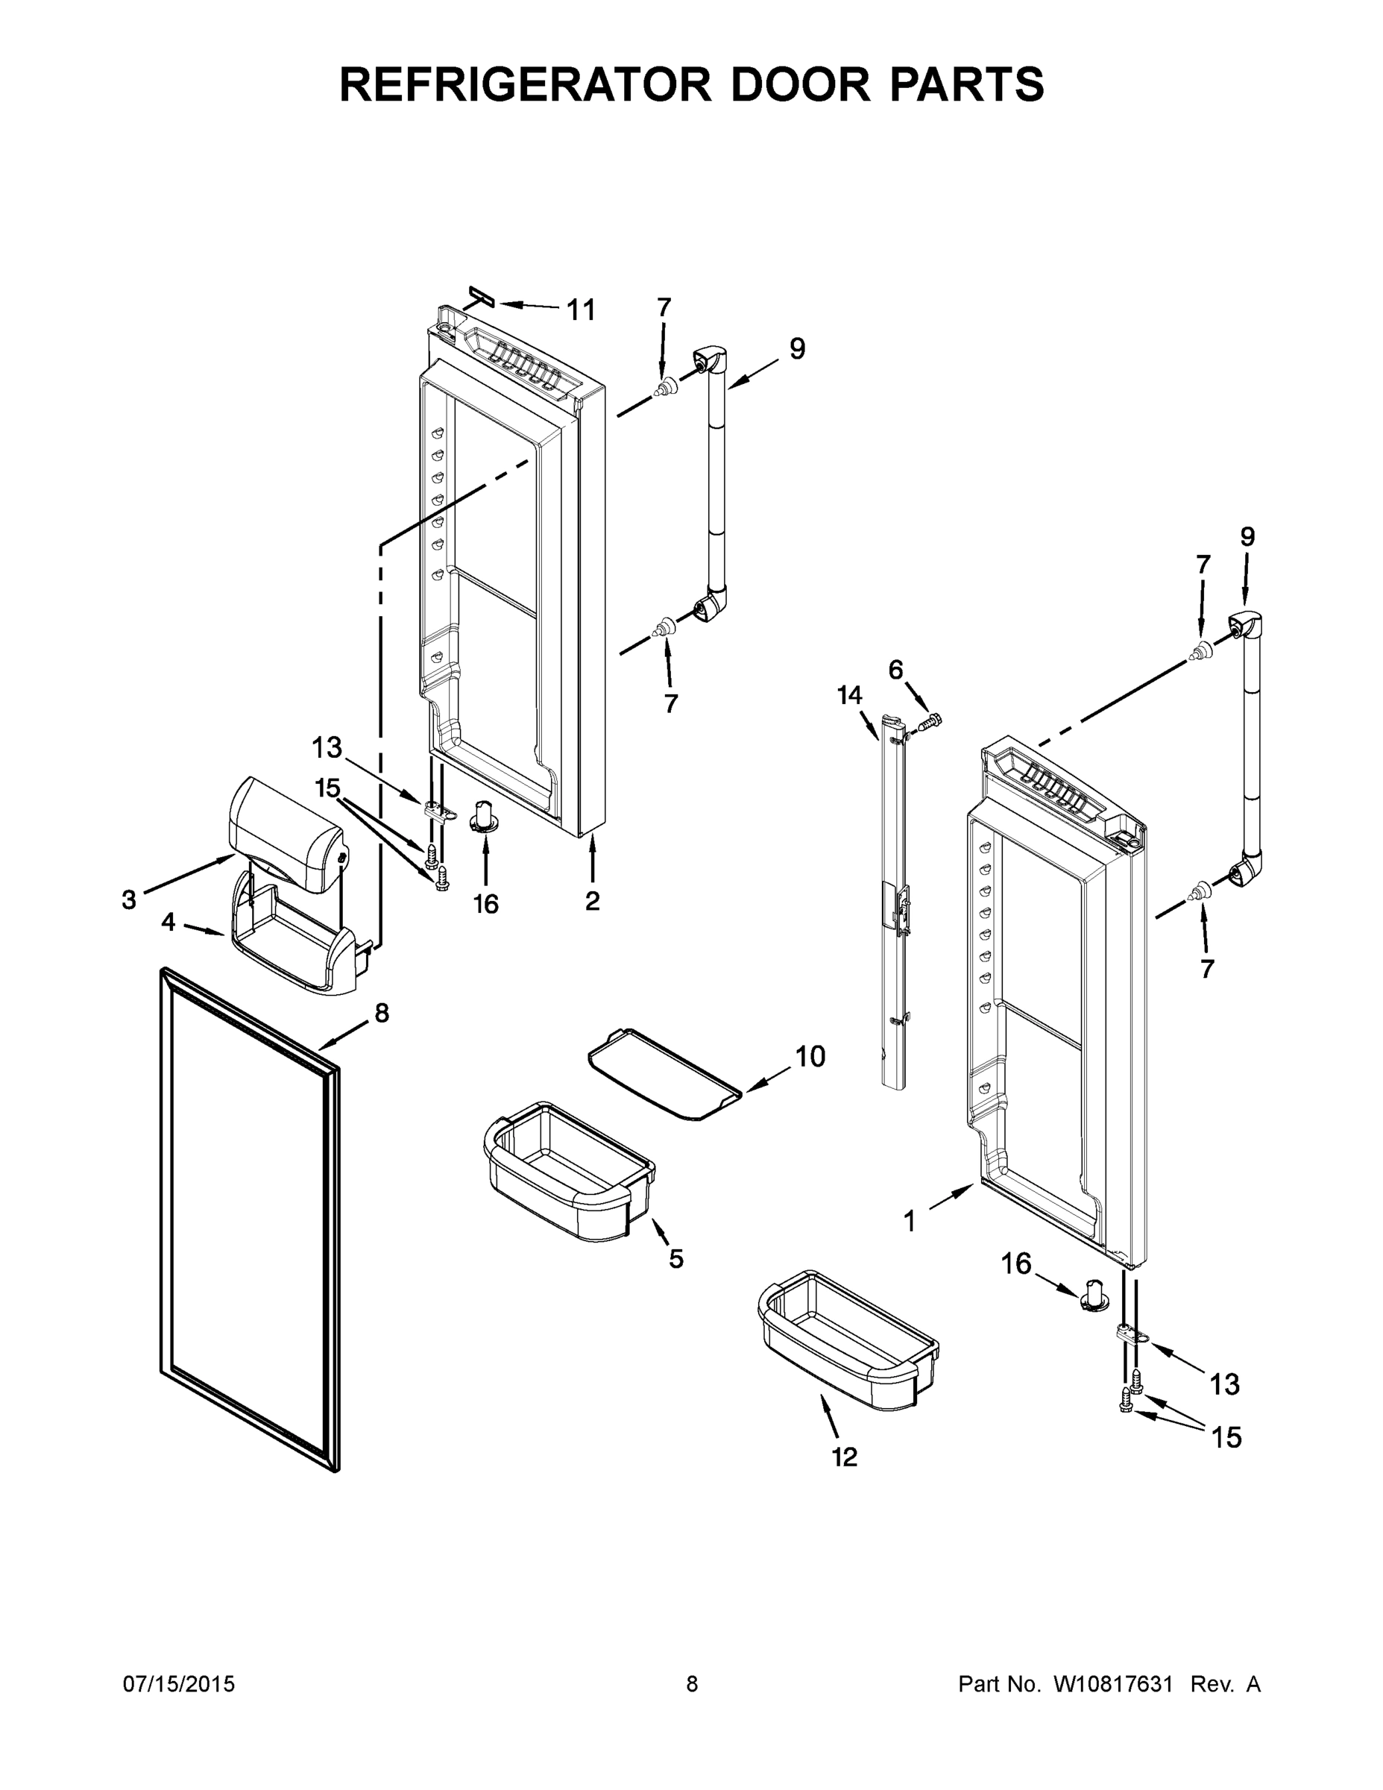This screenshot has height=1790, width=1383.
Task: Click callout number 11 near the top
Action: click(581, 310)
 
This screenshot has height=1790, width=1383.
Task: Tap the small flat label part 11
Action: click(482, 296)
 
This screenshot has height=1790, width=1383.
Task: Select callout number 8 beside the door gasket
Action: click(382, 1014)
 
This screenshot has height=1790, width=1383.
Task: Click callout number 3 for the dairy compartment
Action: click(129, 900)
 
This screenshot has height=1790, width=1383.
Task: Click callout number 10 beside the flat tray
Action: click(810, 1058)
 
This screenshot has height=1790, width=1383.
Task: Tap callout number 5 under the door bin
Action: click(675, 1259)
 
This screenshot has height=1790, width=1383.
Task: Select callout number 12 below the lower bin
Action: click(844, 1457)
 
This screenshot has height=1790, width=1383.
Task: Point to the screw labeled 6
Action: click(930, 722)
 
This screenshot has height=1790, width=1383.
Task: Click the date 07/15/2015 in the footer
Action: click(179, 1685)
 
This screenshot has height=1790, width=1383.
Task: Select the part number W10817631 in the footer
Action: click(1113, 1685)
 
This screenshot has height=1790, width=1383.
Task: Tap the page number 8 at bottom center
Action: click(692, 1685)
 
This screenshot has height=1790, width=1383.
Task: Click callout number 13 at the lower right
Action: click(1224, 1384)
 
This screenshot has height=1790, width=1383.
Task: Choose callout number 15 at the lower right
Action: click(1226, 1436)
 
